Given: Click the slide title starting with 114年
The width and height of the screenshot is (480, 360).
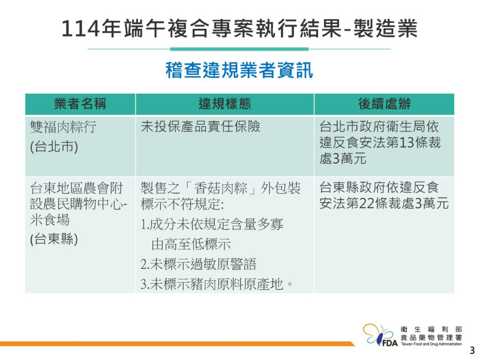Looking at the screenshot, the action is (239, 28).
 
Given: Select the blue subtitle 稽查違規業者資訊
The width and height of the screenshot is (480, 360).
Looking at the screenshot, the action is (239, 70).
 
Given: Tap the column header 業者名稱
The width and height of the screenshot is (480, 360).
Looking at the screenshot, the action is (80, 104).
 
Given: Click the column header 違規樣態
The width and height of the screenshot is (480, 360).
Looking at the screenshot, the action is (224, 104).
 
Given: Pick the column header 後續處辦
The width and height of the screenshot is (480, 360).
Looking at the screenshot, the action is (384, 104).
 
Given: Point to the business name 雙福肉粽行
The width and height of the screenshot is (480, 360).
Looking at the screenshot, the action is (64, 127).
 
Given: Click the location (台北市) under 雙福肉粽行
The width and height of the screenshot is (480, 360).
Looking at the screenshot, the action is (54, 146).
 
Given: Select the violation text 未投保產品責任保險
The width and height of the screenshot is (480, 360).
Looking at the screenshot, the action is (200, 127).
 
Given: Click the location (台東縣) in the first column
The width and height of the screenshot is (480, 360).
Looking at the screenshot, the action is (54, 239).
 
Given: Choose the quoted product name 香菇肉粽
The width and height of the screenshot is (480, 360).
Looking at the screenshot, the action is (221, 188).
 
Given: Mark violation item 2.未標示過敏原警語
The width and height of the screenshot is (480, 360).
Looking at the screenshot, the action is (199, 264).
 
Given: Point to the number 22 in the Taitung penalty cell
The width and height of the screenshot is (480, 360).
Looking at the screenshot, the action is (367, 203).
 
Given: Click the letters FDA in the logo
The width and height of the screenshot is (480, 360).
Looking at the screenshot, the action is (390, 343).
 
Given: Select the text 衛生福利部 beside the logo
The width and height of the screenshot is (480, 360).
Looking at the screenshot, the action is (431, 329).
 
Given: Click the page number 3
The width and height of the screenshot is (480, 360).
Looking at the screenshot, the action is (472, 350).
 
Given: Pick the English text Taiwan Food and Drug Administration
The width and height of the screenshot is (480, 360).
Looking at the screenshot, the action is (431, 344).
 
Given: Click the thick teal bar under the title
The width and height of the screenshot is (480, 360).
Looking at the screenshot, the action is (239, 49).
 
